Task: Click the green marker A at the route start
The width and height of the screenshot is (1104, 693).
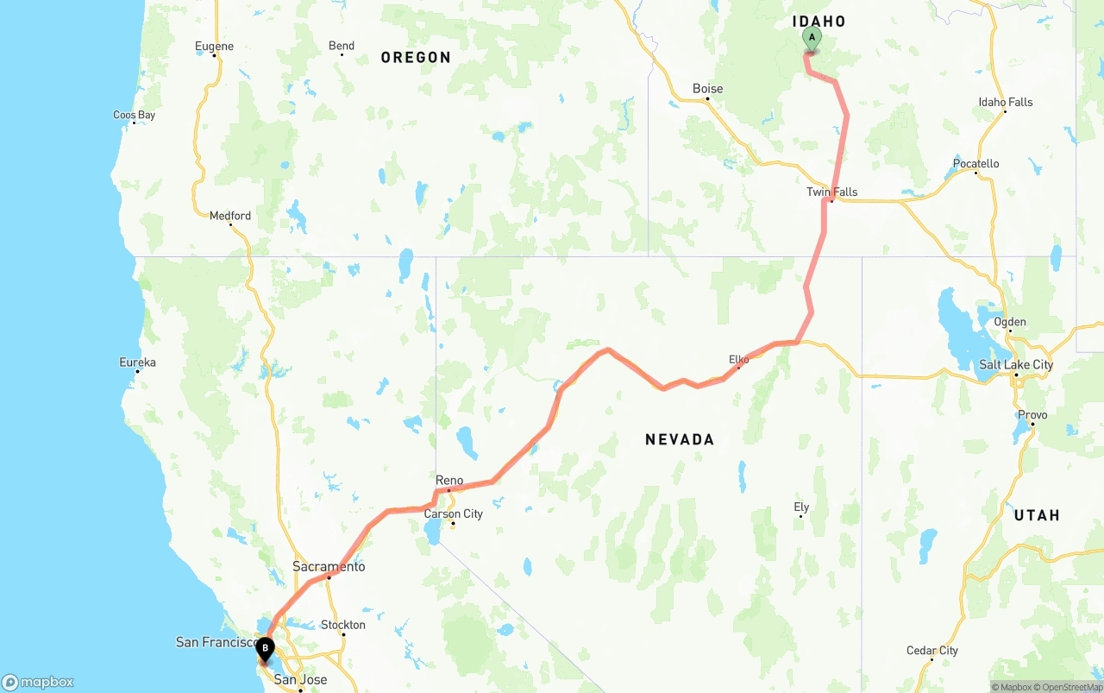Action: tap(812, 39)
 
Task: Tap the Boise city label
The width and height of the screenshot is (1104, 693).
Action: tap(708, 89)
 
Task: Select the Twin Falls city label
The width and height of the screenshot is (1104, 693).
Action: tap(832, 192)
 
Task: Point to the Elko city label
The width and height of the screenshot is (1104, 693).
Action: tap(739, 359)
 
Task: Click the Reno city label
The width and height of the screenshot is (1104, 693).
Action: tap(449, 481)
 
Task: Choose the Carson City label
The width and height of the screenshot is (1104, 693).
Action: tap(454, 513)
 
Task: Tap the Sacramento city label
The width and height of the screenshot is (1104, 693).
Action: tap(329, 567)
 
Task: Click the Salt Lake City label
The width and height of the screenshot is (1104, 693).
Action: tap(1016, 364)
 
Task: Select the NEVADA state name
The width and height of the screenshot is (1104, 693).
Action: tap(680, 439)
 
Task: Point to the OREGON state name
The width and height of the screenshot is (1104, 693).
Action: tap(416, 58)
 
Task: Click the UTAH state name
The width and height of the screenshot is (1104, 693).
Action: tap(1037, 515)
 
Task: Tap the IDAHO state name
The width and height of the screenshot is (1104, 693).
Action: tap(819, 22)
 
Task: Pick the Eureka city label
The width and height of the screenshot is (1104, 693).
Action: tap(138, 362)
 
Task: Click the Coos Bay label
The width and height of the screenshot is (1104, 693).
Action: tap(135, 115)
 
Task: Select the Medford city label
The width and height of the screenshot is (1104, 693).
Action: tap(230, 216)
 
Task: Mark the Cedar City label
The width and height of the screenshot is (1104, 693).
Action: tap(932, 651)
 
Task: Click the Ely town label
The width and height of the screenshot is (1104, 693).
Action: tap(801, 507)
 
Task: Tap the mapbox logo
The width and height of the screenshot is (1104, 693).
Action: tap(38, 682)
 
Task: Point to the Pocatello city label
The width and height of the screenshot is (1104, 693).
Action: tap(976, 164)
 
